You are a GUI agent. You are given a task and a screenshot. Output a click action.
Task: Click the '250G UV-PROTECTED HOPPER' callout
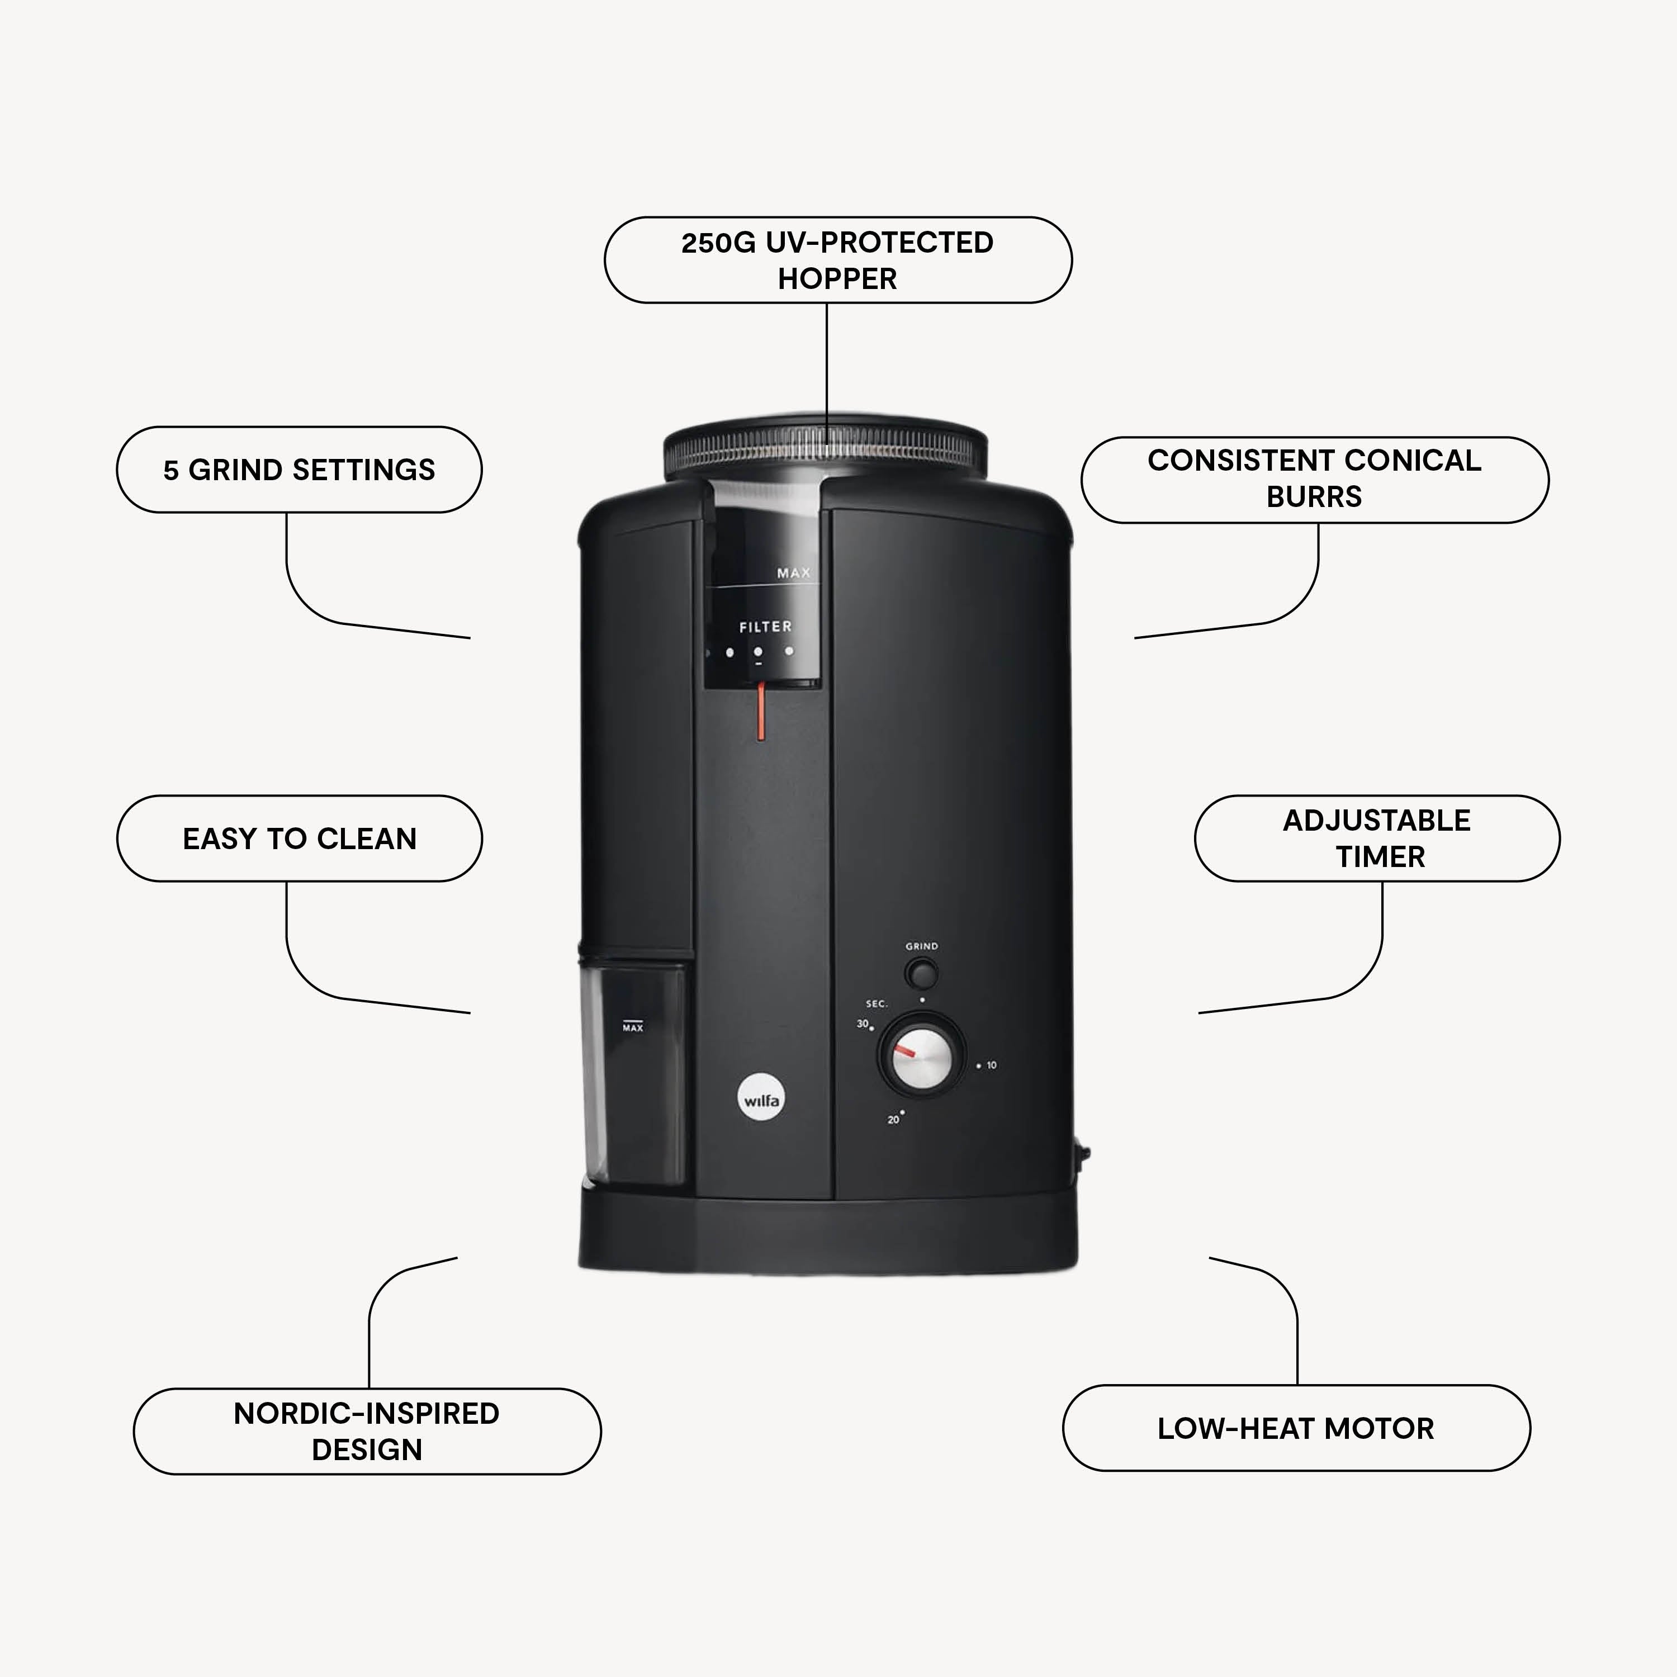pyautogui.click(x=837, y=260)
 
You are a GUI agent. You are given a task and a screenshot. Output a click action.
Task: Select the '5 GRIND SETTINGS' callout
pyautogui.click(x=300, y=470)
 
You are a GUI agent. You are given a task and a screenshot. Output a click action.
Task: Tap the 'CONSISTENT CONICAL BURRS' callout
pyautogui.click(x=1314, y=479)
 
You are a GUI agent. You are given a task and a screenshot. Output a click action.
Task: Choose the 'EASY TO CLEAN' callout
pyautogui.click(x=300, y=839)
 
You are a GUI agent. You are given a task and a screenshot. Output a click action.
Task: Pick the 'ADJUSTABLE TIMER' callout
pyautogui.click(x=1377, y=839)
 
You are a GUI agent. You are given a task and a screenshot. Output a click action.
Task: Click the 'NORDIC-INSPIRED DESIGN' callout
pyautogui.click(x=367, y=1432)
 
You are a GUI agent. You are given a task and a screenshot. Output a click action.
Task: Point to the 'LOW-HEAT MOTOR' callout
pyautogui.click(x=1296, y=1428)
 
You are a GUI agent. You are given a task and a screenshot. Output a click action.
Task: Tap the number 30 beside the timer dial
pyautogui.click(x=862, y=1024)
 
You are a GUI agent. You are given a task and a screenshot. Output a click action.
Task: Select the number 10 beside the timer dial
pyautogui.click(x=991, y=1065)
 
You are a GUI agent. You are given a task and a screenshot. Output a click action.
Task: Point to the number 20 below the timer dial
pyautogui.click(x=893, y=1120)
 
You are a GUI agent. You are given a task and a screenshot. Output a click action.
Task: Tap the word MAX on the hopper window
pyautogui.click(x=793, y=573)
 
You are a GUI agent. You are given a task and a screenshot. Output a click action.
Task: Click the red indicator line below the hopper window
pyautogui.click(x=761, y=711)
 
